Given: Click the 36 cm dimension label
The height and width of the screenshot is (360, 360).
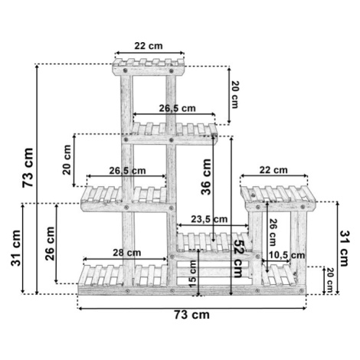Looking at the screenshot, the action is coord(206,177).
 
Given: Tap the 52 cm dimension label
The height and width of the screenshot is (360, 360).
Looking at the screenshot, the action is coord(239,258).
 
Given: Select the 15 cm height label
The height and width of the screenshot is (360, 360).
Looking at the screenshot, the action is coord(193,273).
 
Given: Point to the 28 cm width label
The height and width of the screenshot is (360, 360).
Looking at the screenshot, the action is coord(127,253).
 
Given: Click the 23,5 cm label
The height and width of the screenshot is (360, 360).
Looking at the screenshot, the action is coord(209,219).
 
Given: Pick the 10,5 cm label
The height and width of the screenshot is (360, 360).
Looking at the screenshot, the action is coord(287,255).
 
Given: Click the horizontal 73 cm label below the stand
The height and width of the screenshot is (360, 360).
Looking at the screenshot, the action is coord(191,315).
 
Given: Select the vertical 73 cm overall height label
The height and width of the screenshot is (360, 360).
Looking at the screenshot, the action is coord(28,168).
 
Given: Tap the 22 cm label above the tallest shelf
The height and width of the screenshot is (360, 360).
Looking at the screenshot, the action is coord(149,46).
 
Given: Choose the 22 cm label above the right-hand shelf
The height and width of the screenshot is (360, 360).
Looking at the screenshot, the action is coord(273,170).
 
